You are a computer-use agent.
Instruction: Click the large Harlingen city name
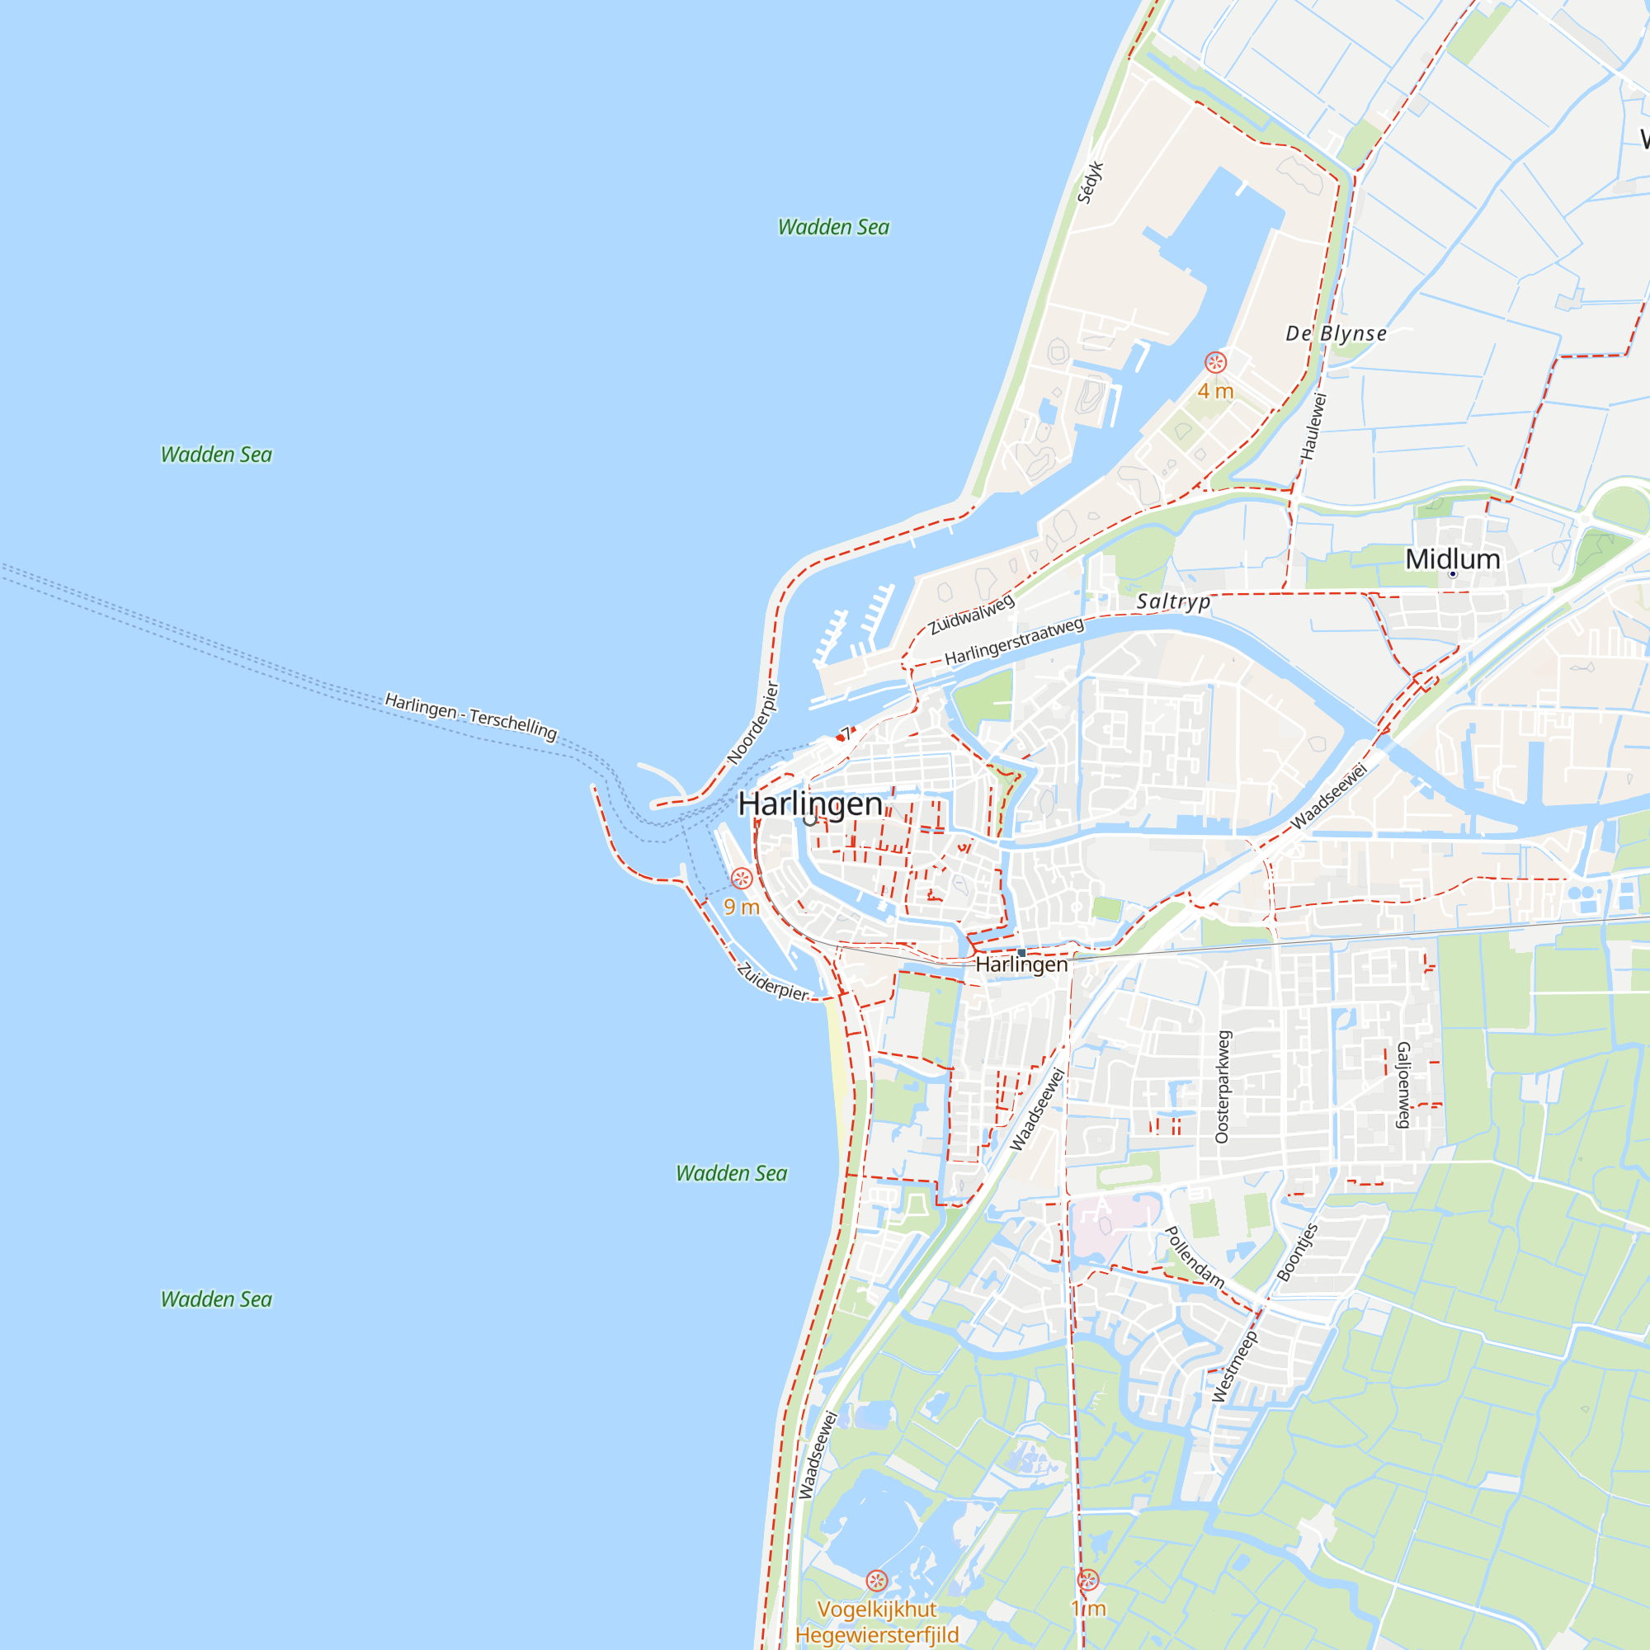(x=809, y=804)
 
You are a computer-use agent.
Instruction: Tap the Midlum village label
(x=1452, y=559)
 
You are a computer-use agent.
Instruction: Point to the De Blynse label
(x=1336, y=333)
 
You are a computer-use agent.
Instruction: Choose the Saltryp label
(x=1173, y=601)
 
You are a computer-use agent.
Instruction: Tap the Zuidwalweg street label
(x=972, y=614)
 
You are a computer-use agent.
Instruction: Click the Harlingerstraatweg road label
(x=1014, y=641)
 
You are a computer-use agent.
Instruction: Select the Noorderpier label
(x=753, y=723)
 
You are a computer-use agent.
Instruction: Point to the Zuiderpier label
(x=773, y=981)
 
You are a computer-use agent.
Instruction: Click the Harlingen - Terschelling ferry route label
(x=470, y=715)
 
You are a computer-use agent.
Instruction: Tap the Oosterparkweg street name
(x=1222, y=1087)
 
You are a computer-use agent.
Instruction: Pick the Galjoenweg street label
(x=1403, y=1085)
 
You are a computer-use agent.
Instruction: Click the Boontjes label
(x=1297, y=1252)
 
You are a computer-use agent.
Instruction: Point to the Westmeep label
(x=1234, y=1366)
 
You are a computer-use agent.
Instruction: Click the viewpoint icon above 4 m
(x=1215, y=362)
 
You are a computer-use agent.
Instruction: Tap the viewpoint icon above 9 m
(x=742, y=878)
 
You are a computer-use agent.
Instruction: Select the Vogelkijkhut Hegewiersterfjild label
(x=877, y=1622)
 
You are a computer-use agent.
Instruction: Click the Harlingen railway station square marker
(x=1021, y=952)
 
